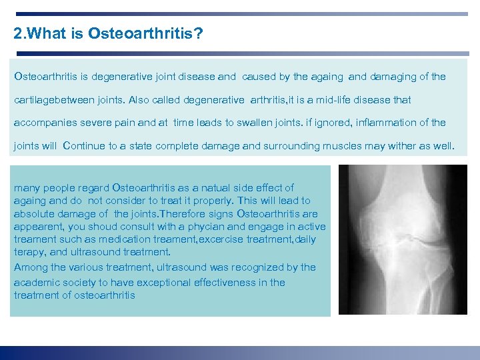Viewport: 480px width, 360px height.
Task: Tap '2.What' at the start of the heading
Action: [x=34, y=33]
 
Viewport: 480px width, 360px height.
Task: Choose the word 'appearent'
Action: [x=37, y=227]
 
